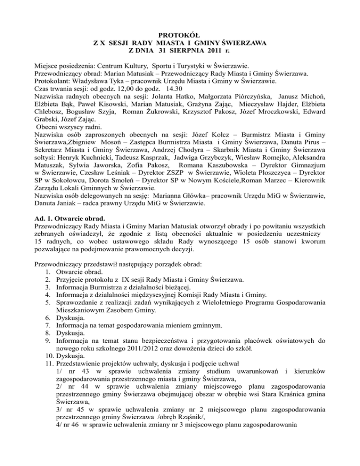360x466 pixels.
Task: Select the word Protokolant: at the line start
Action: click(54, 81)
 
